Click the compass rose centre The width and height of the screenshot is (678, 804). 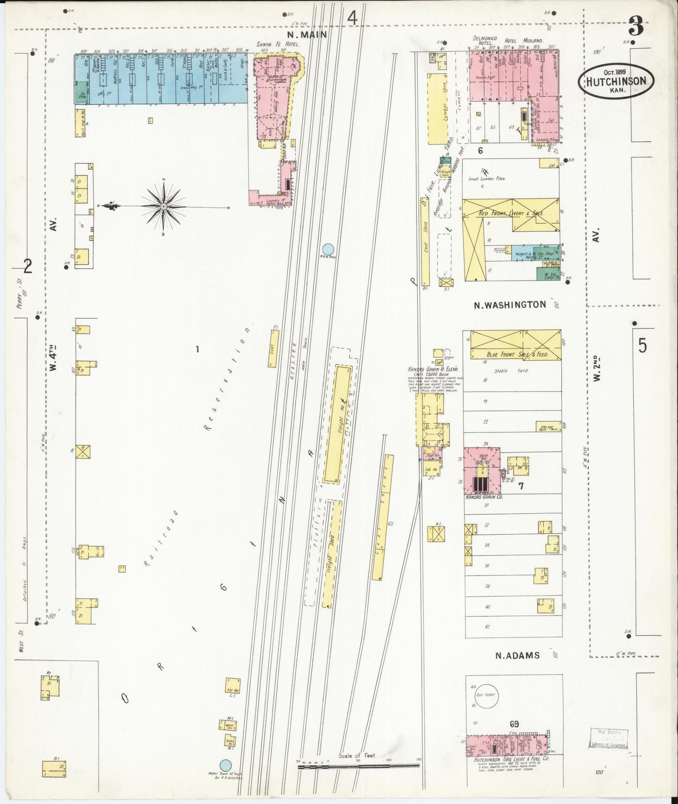pos(163,206)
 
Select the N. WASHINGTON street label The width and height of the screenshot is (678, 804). pos(510,305)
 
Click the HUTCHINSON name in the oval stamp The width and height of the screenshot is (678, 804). pos(616,81)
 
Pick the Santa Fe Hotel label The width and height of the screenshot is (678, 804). pos(277,44)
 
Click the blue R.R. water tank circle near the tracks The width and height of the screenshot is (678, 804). pos(328,249)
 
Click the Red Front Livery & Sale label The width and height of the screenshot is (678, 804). pos(511,213)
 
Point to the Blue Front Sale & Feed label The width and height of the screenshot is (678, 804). pos(517,355)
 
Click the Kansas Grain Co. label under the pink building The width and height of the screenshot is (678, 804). pos(484,496)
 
